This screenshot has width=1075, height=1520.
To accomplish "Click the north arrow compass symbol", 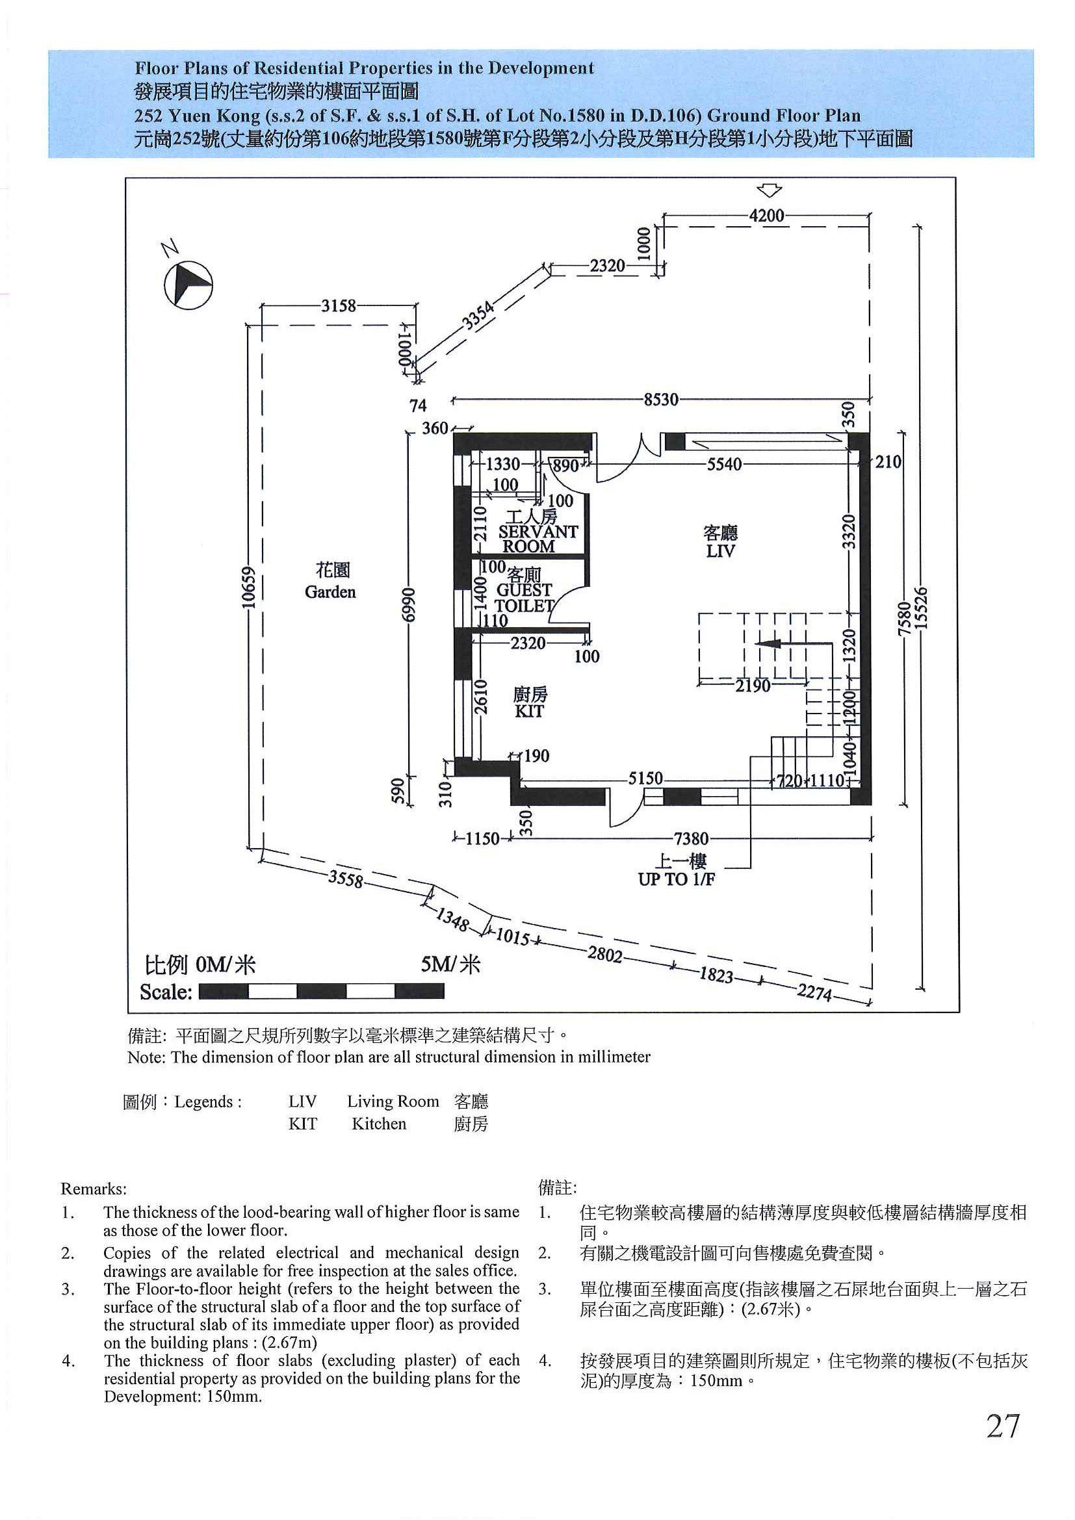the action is pos(188,285).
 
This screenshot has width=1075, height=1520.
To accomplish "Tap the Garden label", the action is pos(330,592).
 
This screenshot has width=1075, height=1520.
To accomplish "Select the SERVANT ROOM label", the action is pos(538,539).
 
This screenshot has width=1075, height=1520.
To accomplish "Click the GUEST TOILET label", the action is pos(525,597).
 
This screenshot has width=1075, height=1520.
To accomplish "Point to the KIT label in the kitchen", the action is pos(529,712).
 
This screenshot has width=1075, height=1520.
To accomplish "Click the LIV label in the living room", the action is pos(720,551).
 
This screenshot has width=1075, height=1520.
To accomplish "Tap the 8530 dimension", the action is pos(661,399).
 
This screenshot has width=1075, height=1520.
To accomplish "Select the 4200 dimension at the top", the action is pos(766,215).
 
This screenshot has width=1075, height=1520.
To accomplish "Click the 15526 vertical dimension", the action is pos(921,608).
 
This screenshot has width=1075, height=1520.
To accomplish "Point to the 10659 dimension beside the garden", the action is pos(247,587).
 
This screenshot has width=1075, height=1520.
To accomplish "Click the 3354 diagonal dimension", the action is pos(478,315).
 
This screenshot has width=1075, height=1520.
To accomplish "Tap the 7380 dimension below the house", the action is pos(691,839).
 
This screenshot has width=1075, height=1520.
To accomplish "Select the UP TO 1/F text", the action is pos(676,879).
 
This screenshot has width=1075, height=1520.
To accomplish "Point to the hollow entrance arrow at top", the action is pos(769,190).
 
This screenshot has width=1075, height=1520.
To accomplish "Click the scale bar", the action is pos(322,991).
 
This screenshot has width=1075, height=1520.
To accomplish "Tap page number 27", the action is pos(1003,1426).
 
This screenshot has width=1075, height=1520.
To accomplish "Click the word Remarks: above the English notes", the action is pos(94,1189).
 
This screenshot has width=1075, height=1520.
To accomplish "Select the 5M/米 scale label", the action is pos(451,964).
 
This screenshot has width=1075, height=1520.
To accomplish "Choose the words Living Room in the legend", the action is pos(393,1101).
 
